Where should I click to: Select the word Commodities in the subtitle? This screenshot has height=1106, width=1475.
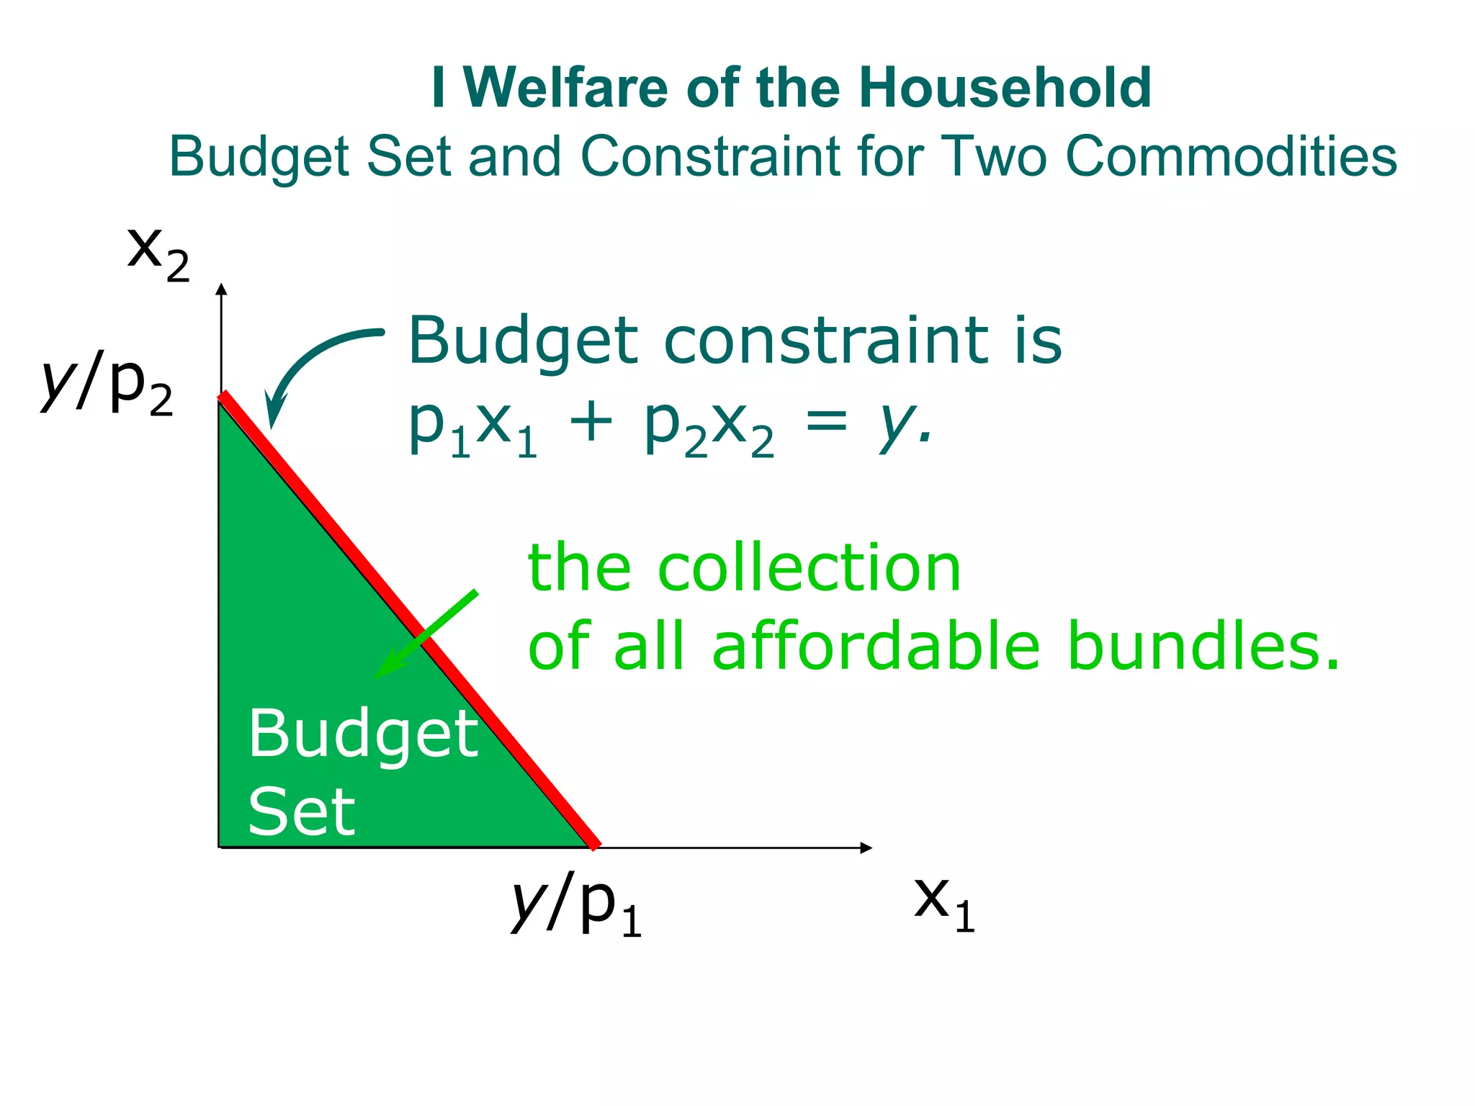tap(1231, 156)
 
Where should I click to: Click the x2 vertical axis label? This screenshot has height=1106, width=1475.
tap(158, 253)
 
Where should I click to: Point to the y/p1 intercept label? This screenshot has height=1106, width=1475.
tap(576, 904)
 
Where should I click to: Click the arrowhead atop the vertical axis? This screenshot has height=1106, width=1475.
tap(221, 289)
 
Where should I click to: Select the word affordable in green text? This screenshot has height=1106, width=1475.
tap(876, 646)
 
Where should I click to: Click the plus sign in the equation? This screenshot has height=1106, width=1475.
tap(591, 423)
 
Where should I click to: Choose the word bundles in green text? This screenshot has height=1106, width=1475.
tap(1203, 646)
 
